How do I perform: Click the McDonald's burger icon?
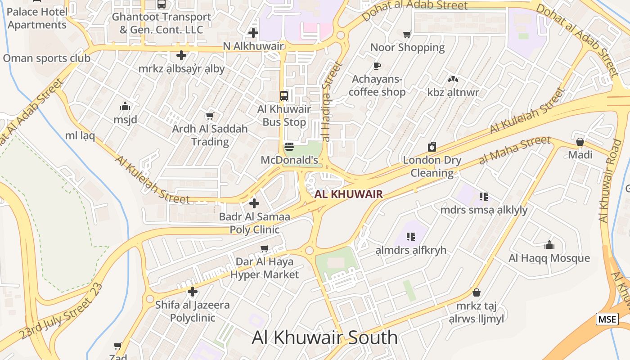(289, 147)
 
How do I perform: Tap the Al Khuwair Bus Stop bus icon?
(284, 95)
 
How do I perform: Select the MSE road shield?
(607, 319)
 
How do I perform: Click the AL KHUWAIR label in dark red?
(349, 194)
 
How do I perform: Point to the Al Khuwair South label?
(324, 337)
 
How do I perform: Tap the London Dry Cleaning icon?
(432, 147)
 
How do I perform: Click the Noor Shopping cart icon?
(407, 34)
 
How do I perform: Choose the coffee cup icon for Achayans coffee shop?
(377, 66)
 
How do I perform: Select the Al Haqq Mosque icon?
(549, 245)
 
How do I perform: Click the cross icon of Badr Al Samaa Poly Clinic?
(254, 203)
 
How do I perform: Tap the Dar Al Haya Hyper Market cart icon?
(265, 248)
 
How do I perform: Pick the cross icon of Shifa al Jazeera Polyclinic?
(193, 292)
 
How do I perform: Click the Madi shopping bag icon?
(580, 142)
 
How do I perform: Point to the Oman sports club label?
(46, 58)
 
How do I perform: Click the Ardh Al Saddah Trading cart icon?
(210, 116)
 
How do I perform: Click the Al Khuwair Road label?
(611, 180)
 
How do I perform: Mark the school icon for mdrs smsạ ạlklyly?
(484, 196)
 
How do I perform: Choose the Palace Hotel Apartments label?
(37, 18)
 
